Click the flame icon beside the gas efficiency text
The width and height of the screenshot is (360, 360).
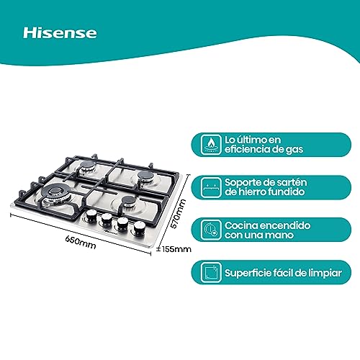pyautogui.click(x=210, y=144)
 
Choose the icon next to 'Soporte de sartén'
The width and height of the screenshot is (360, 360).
pyautogui.click(x=210, y=186)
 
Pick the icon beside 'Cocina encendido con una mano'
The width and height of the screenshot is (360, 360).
pyautogui.click(x=210, y=229)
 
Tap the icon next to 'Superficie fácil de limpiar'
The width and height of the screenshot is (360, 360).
pyautogui.click(x=210, y=272)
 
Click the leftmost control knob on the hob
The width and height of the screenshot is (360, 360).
pyautogui.click(x=91, y=215)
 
